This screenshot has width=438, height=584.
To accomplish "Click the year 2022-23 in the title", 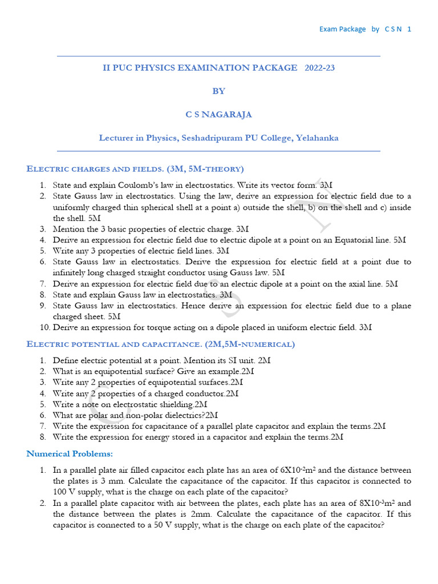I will coord(320,68).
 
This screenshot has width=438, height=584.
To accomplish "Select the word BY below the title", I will coord(218,91).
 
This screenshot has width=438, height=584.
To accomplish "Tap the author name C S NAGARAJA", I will coord(218,115).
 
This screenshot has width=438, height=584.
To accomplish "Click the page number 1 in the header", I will coord(409,29).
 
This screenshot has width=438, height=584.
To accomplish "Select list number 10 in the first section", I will coord(44,327).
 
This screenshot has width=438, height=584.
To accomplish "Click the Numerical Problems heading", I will coord(70,454).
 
